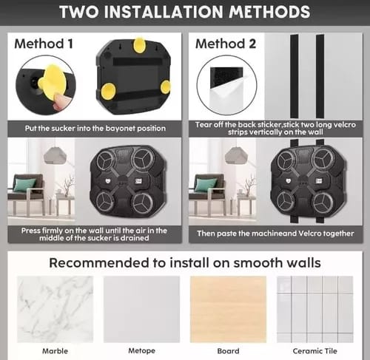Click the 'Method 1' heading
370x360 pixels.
(x=44, y=44)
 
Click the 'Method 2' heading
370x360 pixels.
(x=226, y=44)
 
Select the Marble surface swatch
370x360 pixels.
(x=55, y=309)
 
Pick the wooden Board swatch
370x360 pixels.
(x=228, y=309)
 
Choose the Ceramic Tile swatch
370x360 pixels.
(x=315, y=309)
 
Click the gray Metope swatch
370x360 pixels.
(x=141, y=309)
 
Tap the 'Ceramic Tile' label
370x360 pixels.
(x=314, y=351)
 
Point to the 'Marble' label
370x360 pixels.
(x=55, y=351)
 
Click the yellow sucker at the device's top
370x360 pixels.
(x=140, y=45)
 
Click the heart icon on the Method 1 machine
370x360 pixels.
(x=108, y=181)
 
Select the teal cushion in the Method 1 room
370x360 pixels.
(x=24, y=185)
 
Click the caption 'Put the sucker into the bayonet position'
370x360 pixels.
(x=95, y=129)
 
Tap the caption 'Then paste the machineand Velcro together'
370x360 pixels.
(x=275, y=234)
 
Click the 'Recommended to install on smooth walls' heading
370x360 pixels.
(x=185, y=262)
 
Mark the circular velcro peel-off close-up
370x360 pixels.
(x=226, y=85)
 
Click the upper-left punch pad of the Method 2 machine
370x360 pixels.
(x=286, y=160)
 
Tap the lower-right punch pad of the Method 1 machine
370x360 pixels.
(x=143, y=203)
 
